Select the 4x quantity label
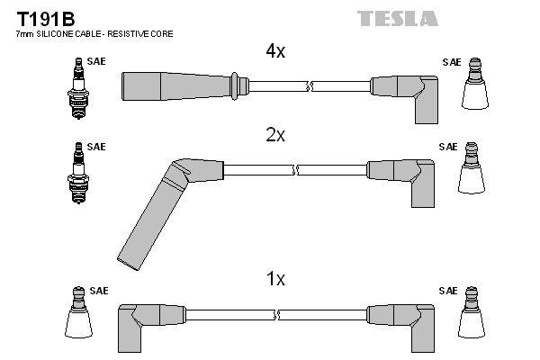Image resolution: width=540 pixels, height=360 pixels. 274,52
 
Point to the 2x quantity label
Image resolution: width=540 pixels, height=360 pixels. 274,136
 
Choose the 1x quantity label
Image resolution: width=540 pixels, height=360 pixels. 274,280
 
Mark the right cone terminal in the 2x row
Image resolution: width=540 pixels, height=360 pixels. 472,171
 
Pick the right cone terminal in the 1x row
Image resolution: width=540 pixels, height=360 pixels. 472,314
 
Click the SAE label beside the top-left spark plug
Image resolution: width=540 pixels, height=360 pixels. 95,63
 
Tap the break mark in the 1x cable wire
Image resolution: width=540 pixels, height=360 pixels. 276,314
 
